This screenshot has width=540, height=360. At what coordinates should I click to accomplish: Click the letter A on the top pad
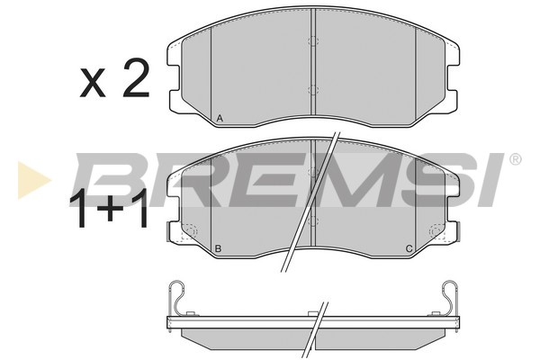(x=220, y=119)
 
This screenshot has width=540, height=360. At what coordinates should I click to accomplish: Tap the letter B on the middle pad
(x=218, y=248)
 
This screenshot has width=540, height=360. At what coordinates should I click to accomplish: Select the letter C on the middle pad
(x=409, y=248)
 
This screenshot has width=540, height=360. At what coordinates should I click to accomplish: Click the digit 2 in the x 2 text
(x=137, y=78)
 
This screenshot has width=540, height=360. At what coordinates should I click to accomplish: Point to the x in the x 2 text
(x=93, y=83)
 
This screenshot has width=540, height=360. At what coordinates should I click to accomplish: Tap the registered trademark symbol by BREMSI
(x=515, y=159)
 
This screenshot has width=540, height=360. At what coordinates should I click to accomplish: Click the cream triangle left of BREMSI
(x=33, y=180)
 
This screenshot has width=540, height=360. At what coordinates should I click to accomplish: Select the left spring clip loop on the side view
(x=178, y=295)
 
